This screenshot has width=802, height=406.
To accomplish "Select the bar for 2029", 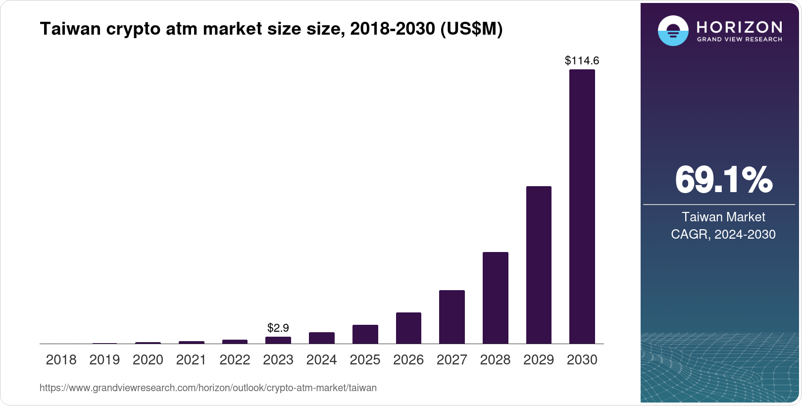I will pos(539,265).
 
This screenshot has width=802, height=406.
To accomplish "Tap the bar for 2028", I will pos(495,298).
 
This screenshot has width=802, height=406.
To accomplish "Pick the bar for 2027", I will pos(451,317).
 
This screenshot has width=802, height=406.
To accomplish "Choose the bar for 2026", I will pos(408,328).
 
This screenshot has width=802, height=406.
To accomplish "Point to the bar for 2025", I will pos(365,334).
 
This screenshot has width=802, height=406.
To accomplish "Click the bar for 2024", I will pos(321,338).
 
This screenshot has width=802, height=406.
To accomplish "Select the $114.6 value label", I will pos(582,61).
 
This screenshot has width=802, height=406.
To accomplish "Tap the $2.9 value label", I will pos(278,328).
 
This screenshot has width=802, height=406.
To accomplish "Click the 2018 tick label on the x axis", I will pos(61,360).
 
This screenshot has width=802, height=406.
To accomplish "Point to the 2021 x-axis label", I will pos(191,360).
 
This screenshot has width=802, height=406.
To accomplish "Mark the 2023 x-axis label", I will pos(278,360).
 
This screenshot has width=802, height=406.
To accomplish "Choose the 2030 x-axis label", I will pos(582,360).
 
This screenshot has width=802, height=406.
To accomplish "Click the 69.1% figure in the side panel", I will pos(723,180).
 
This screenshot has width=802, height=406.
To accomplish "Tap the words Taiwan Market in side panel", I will pos(723,217).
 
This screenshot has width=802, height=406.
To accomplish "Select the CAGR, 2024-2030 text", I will pos(723,234).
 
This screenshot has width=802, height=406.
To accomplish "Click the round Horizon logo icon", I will pos(673,31).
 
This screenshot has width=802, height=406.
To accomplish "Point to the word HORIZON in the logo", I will pos(739,27).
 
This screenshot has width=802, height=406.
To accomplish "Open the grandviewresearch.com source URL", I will pos(208,388).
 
